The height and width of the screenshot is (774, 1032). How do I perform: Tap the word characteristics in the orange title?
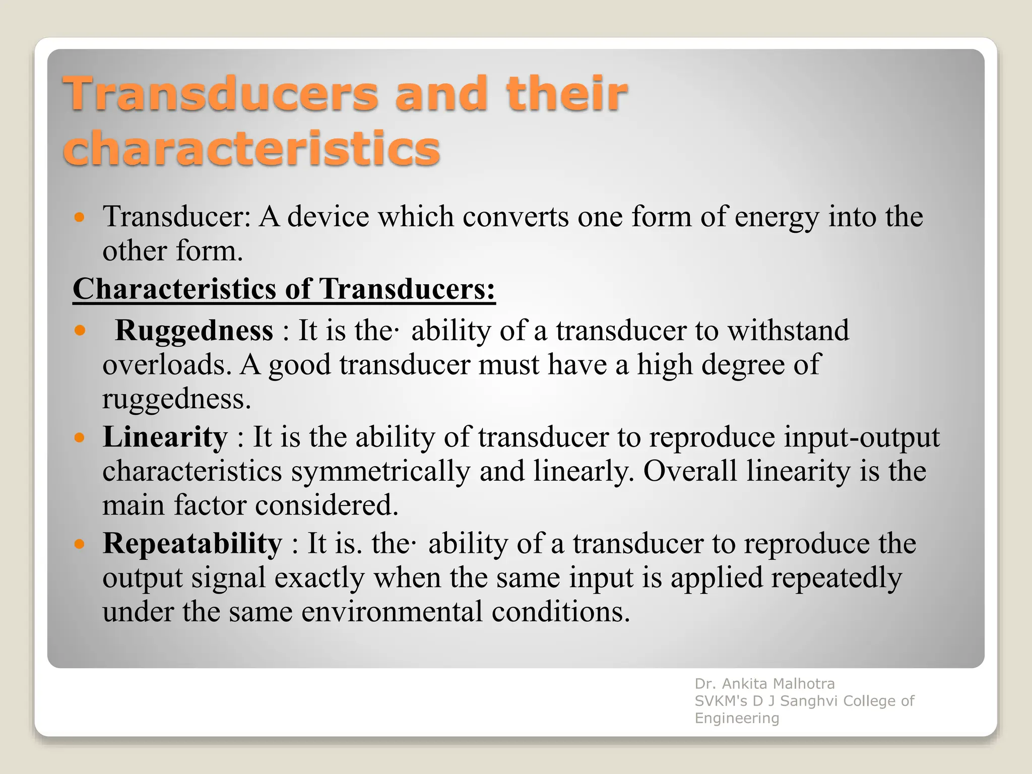[251, 148]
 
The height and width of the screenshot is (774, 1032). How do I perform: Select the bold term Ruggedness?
[194, 331]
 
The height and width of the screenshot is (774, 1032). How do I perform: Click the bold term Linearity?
[165, 437]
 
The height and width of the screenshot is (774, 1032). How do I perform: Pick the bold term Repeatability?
[192, 544]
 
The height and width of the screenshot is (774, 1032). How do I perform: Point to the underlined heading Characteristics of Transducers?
[284, 289]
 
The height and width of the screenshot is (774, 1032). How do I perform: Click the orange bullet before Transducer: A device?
[80, 218]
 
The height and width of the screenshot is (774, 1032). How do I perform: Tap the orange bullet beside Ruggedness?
[80, 331]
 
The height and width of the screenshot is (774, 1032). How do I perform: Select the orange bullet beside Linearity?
[80, 437]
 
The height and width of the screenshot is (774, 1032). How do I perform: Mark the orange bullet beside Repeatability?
[80, 544]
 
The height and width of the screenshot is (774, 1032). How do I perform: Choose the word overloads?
[167, 365]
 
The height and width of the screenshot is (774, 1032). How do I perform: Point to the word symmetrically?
[380, 471]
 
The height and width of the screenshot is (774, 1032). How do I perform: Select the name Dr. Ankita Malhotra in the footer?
[764, 684]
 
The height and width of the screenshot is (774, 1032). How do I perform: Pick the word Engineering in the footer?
[737, 718]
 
